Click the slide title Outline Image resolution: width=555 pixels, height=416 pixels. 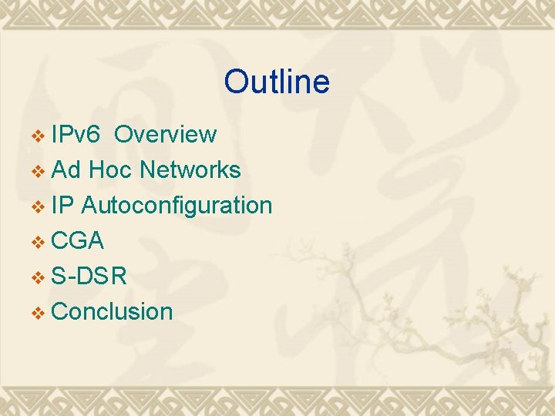coord(277,82)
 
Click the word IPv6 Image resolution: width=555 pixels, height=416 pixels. coord(76,135)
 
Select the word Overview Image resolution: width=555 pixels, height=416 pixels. coord(165,135)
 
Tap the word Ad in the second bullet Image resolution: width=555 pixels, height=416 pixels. coord(66,170)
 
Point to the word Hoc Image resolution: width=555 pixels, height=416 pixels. coord(110,170)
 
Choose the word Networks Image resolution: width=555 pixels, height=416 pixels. coord(190,170)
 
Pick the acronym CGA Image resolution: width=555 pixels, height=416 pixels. coord(77,241)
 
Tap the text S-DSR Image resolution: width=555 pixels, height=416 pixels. coord(89,277)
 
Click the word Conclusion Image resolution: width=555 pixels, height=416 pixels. coord(113,312)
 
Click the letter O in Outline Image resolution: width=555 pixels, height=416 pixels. coord(236,82)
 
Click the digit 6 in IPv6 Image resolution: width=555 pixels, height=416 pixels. coord(92,135)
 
